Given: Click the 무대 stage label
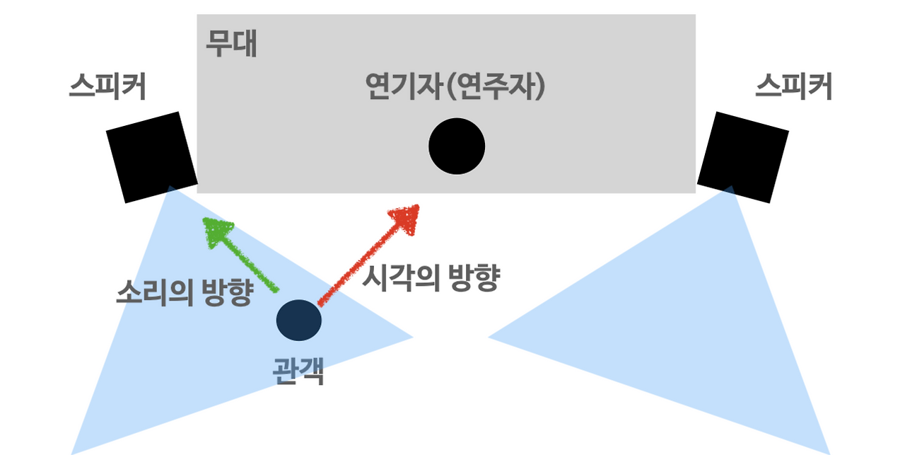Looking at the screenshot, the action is click(231, 44).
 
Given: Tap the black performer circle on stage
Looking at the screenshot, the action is click(457, 146).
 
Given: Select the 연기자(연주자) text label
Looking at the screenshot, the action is click(455, 86).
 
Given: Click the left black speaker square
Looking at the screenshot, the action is click(152, 157).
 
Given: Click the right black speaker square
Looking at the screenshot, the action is click(743, 157).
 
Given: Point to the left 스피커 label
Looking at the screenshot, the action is click(107, 86).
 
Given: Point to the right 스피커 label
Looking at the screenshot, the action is click(793, 86).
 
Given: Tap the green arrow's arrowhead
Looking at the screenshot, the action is click(216, 231).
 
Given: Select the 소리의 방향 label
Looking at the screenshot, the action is click(185, 292).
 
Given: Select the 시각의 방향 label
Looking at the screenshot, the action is click(431, 277).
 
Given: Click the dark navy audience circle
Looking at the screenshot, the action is click(299, 320).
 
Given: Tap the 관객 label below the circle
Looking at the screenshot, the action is click(298, 371).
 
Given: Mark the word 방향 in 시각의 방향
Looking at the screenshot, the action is click(474, 277).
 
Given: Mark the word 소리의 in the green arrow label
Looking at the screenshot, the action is click(154, 292).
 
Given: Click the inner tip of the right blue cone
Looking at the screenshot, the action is click(489, 337).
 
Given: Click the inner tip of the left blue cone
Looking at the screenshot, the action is click(413, 337).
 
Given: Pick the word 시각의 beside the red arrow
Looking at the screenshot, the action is click(400, 277).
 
